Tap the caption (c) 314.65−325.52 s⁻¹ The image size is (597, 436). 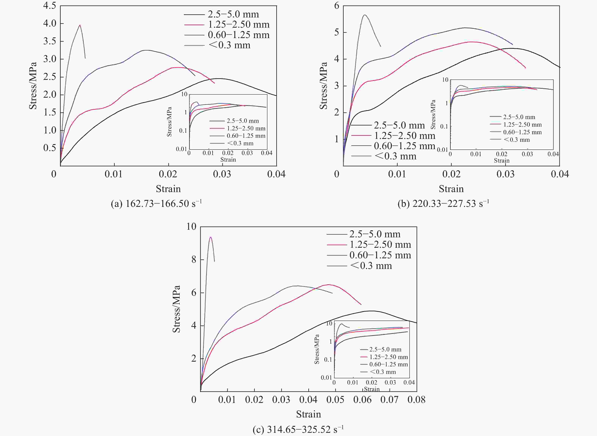[x=298, y=429]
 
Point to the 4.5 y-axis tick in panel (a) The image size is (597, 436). [x=50, y=5]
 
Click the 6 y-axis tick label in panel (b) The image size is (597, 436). [x=336, y=5]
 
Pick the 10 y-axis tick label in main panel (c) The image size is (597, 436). [x=191, y=227]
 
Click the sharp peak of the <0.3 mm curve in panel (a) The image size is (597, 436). [x=80, y=25]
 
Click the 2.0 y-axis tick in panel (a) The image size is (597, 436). [x=50, y=94]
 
